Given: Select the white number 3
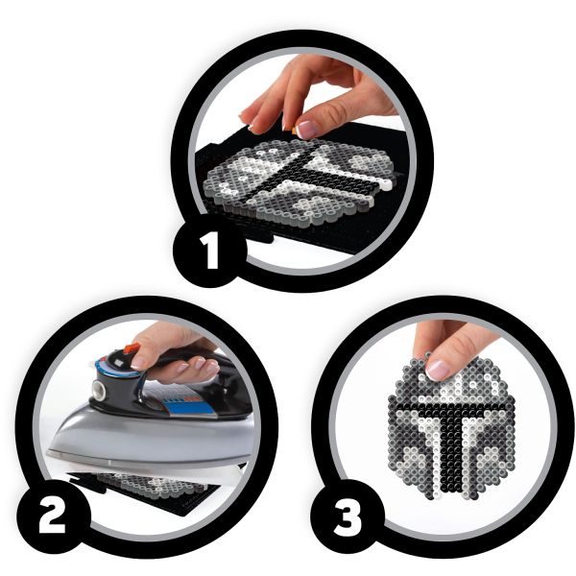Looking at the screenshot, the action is tap(348, 516).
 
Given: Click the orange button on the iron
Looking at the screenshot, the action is tap(132, 348).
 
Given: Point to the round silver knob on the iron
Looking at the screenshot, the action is tap(99, 390).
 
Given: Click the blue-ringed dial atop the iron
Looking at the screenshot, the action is tap(117, 368).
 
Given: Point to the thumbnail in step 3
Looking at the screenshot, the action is tap(438, 370).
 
